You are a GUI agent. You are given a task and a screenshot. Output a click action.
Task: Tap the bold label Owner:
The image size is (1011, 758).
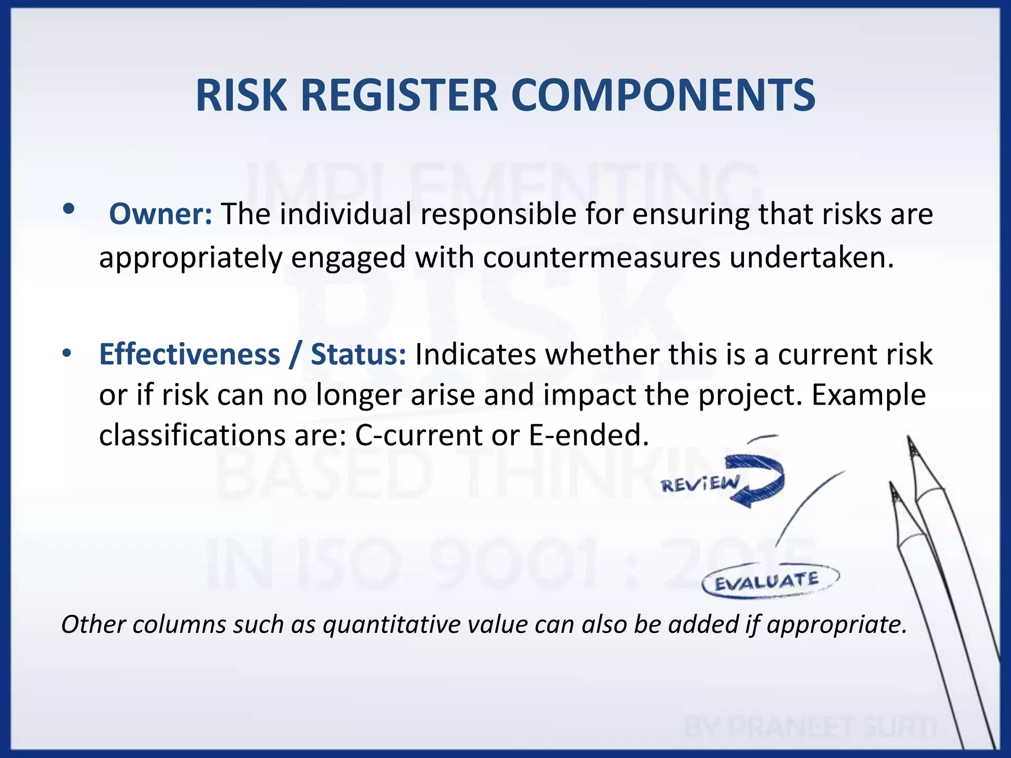160,214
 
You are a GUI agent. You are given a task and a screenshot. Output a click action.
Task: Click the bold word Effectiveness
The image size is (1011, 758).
190,354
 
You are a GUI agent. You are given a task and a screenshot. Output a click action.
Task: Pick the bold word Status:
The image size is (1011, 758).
358,354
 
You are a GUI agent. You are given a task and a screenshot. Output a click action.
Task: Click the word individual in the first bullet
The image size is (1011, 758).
346,214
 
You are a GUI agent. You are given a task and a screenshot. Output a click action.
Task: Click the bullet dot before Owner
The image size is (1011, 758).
69,209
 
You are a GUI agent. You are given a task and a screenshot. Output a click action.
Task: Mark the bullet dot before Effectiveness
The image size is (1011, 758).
67,353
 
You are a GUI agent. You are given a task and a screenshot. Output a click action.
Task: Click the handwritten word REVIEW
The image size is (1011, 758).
700,484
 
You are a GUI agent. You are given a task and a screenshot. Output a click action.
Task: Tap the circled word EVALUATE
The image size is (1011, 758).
767,581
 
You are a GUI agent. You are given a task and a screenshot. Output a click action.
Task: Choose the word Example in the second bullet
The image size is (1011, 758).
868,395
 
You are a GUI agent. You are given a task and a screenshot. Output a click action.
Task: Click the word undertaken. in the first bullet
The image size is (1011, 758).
812,258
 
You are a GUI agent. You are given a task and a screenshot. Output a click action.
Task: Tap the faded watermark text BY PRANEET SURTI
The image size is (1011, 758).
810,727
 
